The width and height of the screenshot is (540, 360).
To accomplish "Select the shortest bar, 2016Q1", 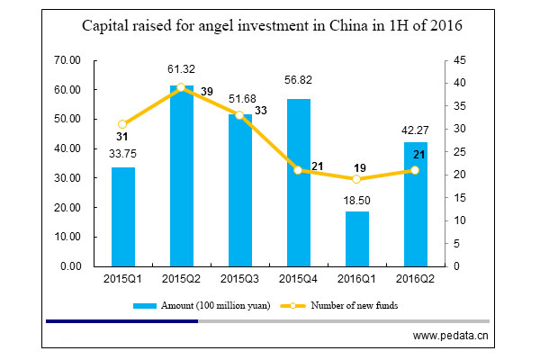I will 356,238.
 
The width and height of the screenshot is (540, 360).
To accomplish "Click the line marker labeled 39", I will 181,87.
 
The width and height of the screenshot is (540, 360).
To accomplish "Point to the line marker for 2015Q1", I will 122,124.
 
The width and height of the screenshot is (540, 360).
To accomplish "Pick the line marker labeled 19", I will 356,179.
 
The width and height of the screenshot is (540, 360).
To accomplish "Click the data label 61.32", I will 181,69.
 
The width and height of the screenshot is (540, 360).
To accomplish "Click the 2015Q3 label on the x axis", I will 239,281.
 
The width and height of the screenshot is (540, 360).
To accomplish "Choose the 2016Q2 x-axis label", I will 415,281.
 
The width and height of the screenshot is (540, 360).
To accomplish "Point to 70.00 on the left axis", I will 68,60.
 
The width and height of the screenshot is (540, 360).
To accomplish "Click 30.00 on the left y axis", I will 68,178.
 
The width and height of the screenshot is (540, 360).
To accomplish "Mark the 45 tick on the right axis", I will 459,60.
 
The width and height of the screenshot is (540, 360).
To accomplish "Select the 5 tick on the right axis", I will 456,243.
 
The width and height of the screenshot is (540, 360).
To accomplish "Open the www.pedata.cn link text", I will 450,337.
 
